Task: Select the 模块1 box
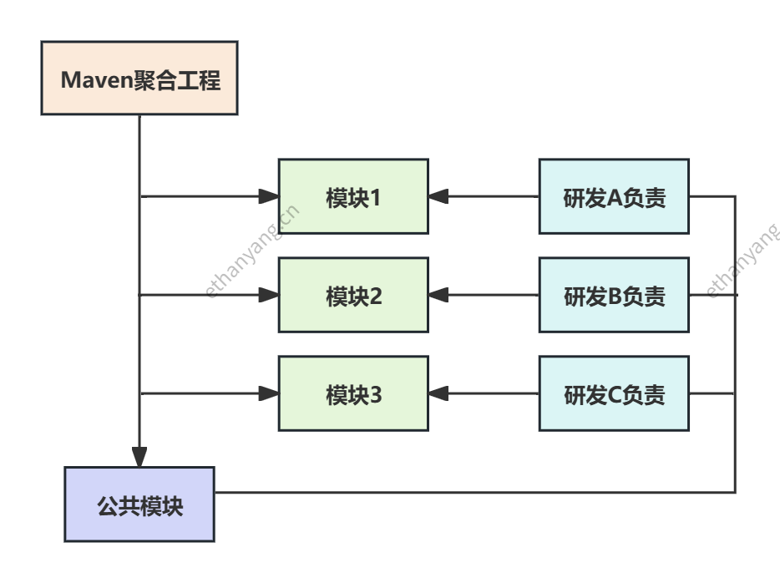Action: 353,196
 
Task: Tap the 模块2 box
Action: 353,295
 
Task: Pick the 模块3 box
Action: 353,393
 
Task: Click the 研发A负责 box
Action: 614,196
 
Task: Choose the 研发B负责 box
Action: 614,295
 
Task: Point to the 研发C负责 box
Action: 614,393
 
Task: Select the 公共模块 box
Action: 139,504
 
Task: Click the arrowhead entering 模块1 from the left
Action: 269,196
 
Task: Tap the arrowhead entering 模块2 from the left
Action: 269,295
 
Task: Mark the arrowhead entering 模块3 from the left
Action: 269,393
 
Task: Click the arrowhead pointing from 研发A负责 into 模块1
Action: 438,196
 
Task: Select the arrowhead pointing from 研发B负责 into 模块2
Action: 438,295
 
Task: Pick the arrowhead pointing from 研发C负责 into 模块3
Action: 438,393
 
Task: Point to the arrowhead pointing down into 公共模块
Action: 139,457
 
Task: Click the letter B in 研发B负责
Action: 615,297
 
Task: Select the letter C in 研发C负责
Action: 615,395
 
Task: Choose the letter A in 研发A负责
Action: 615,198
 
